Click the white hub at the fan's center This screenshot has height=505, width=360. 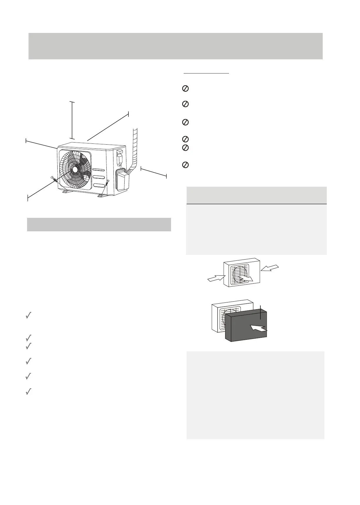(75, 169)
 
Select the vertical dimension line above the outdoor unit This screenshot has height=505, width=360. (72, 120)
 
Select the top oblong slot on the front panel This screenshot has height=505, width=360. (99, 170)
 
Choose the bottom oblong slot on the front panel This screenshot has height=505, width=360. (99, 185)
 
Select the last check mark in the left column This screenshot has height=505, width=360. (29, 392)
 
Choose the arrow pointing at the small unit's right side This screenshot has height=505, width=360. (270, 268)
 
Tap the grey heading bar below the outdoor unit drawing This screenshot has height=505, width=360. (99, 225)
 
